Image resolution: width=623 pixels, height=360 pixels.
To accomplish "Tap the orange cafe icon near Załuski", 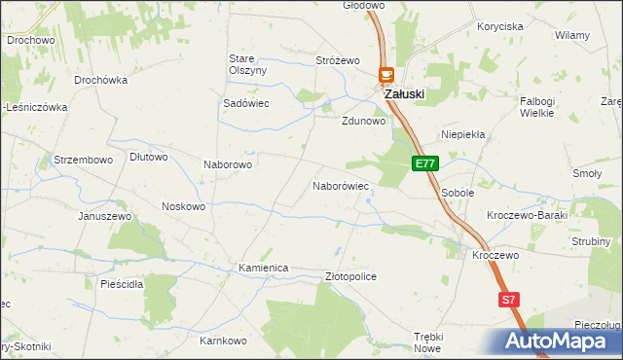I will [x=385, y=74].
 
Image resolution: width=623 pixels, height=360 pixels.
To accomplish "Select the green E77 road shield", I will [x=425, y=164].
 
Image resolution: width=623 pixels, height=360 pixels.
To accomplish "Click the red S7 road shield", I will [x=507, y=301].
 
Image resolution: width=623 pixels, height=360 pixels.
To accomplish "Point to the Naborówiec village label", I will [x=340, y=185].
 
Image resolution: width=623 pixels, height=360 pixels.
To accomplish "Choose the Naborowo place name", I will [x=228, y=164].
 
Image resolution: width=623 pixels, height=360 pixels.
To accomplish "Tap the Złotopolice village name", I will [x=349, y=276].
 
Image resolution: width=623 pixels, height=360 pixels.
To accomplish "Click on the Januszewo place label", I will [x=105, y=216].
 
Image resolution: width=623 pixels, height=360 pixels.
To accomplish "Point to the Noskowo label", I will [x=183, y=206].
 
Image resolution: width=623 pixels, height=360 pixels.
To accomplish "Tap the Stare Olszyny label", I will [x=247, y=64].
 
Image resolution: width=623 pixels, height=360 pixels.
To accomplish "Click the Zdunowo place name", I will [x=364, y=123].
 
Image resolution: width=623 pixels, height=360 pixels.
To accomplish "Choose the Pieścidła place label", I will [x=122, y=284].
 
